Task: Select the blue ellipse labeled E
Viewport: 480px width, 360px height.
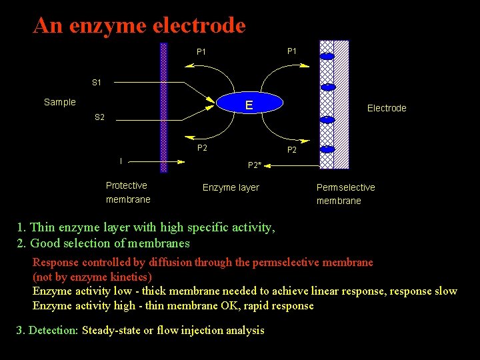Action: tap(249, 105)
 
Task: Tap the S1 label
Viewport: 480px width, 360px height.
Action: tap(97, 83)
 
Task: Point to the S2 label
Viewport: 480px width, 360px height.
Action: tap(99, 117)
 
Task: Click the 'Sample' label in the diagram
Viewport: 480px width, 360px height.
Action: tap(60, 102)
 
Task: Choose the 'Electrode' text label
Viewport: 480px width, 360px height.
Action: tap(387, 108)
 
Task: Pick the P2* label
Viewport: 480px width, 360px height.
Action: tap(254, 165)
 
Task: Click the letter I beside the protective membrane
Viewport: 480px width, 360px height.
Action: tap(121, 161)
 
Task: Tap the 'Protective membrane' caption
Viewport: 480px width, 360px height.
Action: tap(127, 193)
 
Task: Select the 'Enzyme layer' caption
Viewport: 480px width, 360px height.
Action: tap(231, 187)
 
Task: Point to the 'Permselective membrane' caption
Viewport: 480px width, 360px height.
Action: tap(345, 194)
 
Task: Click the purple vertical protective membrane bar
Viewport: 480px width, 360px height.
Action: tap(164, 107)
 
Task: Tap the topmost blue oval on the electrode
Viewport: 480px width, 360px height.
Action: tap(327, 57)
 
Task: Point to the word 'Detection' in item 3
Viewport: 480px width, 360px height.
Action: tap(52, 331)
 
